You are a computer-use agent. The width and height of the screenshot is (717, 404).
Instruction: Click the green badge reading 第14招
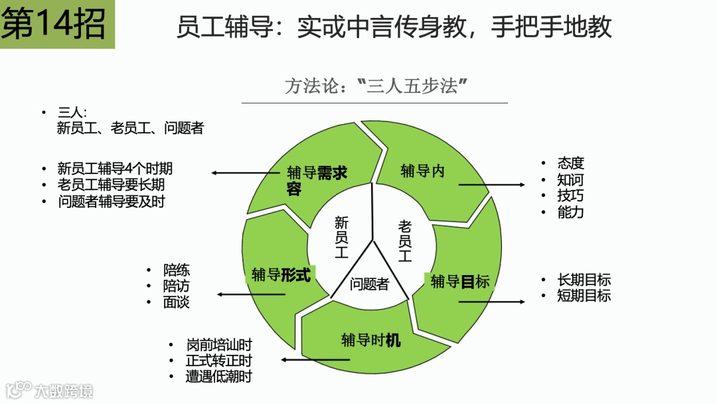[x=56, y=25]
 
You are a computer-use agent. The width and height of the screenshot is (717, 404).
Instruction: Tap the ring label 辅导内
[x=422, y=171]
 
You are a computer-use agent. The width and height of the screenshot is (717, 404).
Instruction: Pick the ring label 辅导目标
[x=460, y=282]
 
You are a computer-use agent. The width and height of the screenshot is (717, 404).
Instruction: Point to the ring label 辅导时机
[x=371, y=341]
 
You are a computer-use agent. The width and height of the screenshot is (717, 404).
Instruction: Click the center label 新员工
[x=341, y=237]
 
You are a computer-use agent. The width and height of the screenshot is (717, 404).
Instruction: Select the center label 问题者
[x=369, y=284]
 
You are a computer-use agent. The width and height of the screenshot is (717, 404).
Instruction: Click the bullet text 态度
[x=570, y=163]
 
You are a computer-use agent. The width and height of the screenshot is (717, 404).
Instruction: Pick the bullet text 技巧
[x=570, y=196]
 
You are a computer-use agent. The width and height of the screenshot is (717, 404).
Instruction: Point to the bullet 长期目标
[x=584, y=280]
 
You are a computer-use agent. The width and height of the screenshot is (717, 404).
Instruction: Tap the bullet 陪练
[x=177, y=270]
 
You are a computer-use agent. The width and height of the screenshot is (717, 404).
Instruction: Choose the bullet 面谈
[x=177, y=302]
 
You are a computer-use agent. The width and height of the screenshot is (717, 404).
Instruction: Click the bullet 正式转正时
[x=219, y=361]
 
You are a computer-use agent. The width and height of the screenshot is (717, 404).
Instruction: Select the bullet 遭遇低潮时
[x=219, y=377]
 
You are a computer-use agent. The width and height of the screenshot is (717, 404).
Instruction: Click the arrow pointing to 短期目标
[x=491, y=302]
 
